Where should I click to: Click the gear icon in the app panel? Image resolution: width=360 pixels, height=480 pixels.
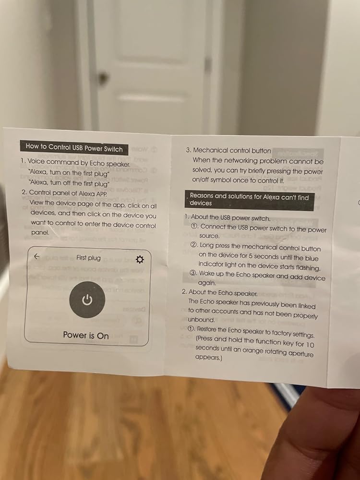point(140,260)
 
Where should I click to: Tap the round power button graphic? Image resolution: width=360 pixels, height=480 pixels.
point(87,300)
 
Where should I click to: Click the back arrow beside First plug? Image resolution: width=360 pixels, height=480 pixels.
point(37,256)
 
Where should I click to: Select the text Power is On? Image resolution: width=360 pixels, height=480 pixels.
point(86,335)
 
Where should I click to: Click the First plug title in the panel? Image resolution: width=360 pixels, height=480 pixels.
point(88,258)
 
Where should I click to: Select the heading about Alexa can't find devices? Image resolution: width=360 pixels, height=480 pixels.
point(249,200)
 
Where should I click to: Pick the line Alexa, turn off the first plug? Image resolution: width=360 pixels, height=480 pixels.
point(69,183)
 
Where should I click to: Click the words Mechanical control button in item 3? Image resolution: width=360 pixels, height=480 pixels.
point(232,150)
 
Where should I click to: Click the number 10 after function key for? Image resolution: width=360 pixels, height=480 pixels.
point(310,345)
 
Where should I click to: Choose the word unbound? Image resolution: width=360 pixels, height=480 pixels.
point(201,320)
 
